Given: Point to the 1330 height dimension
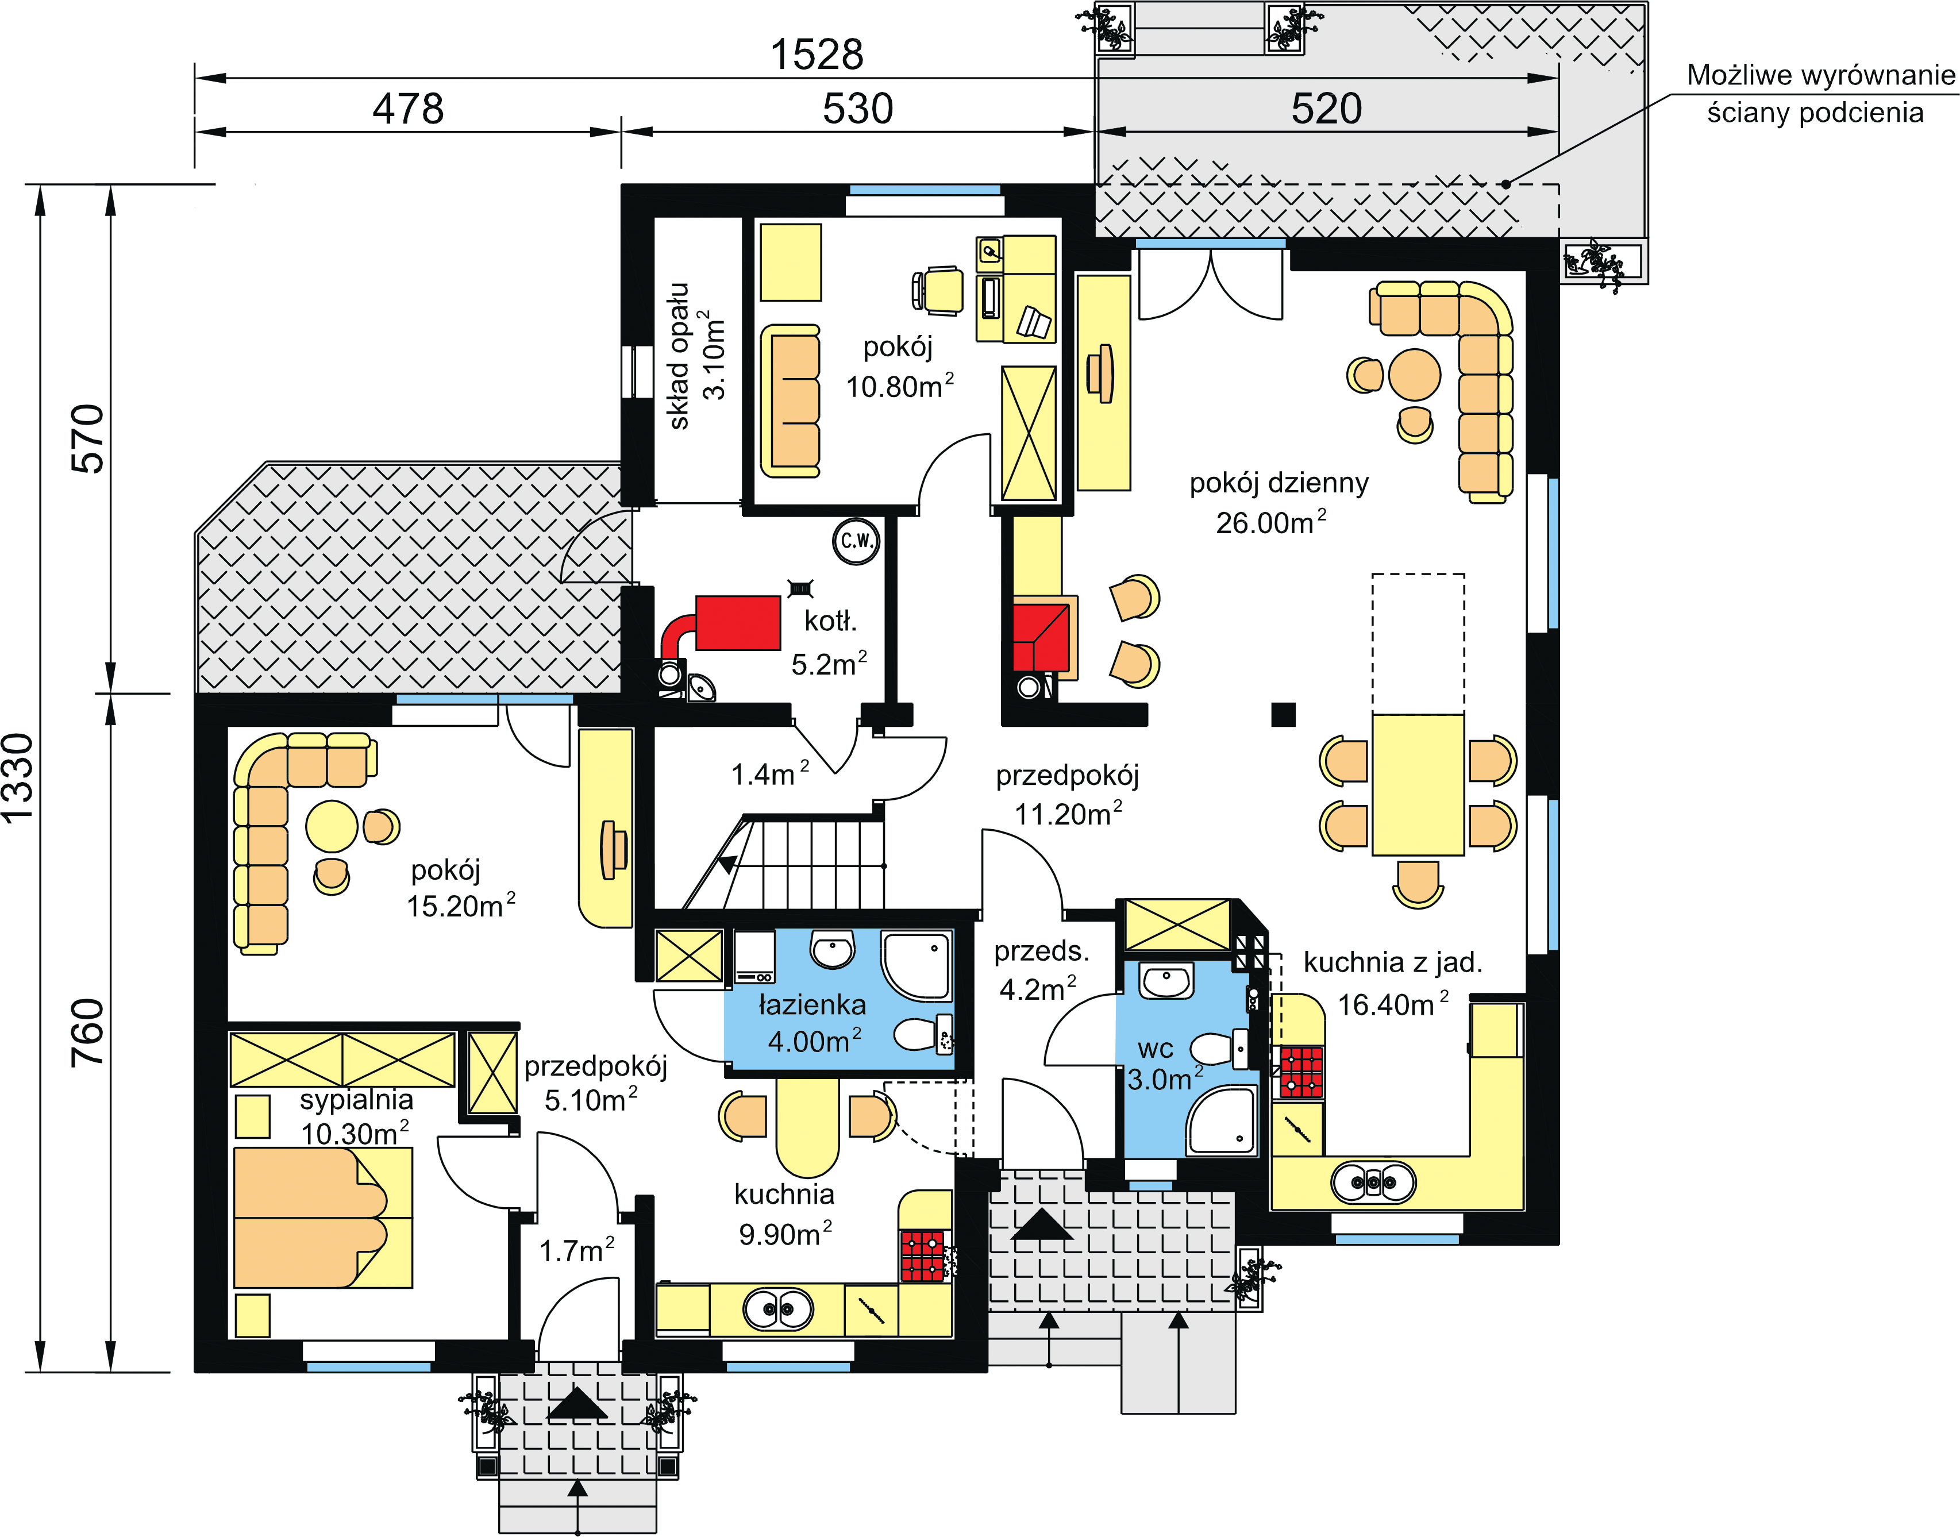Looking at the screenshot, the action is [18, 777].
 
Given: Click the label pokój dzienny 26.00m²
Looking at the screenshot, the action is [1278, 502].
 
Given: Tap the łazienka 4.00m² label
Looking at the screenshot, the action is [813, 1023].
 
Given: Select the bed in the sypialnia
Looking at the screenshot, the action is [323, 1218].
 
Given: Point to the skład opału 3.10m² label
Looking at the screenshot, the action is [696, 356].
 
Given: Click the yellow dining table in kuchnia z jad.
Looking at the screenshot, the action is [1418, 784].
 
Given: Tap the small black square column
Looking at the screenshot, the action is [1283, 714].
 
